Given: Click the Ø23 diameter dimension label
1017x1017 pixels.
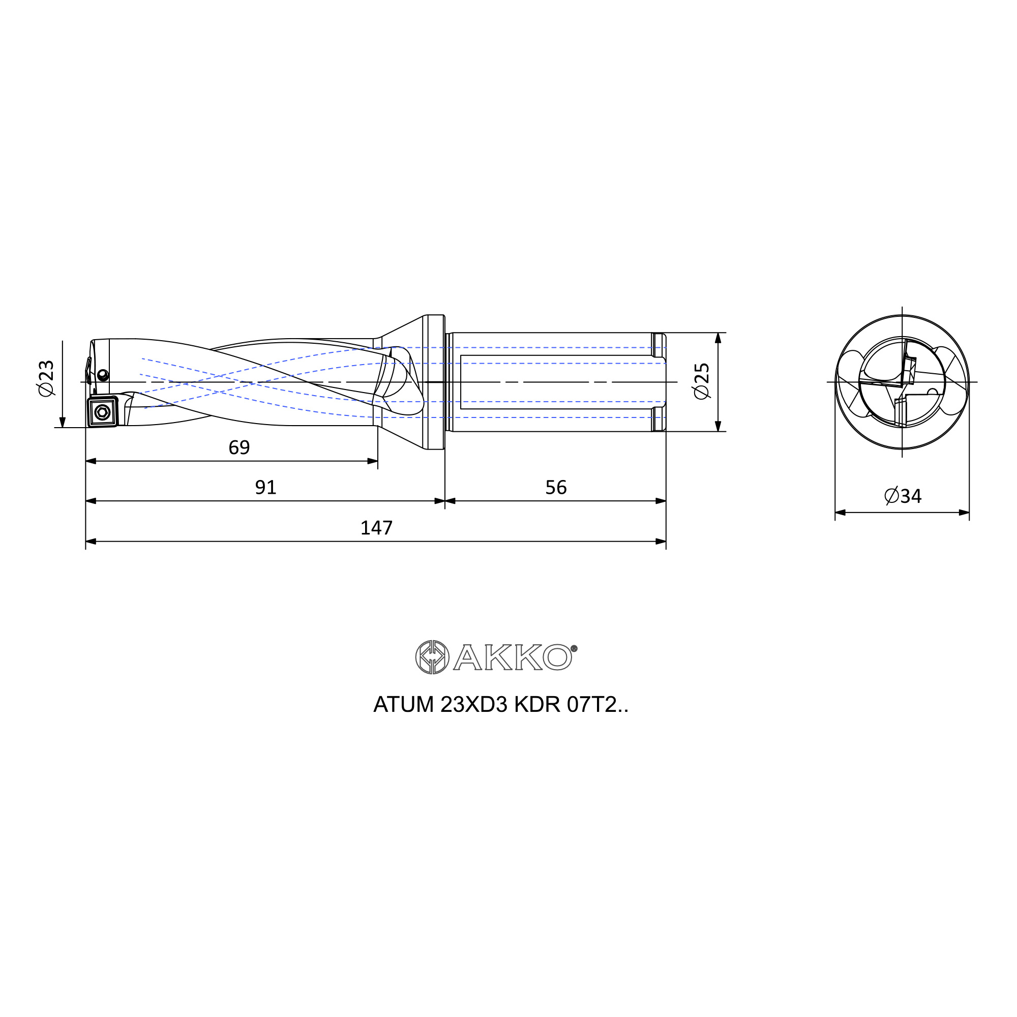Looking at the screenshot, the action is pyautogui.click(x=46, y=378).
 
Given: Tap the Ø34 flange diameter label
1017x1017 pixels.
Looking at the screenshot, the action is pyautogui.click(x=903, y=496).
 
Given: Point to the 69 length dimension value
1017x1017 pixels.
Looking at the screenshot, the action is pyautogui.click(x=239, y=447).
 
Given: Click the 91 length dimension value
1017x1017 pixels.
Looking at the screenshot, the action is pyautogui.click(x=265, y=488).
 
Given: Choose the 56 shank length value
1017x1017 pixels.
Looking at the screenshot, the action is pyautogui.click(x=556, y=488).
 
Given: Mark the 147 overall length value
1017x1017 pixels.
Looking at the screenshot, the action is pyautogui.click(x=376, y=527).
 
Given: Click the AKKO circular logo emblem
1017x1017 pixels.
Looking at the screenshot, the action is pyautogui.click(x=432, y=657).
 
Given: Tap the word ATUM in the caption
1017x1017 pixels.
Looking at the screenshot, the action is pyautogui.click(x=403, y=704).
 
